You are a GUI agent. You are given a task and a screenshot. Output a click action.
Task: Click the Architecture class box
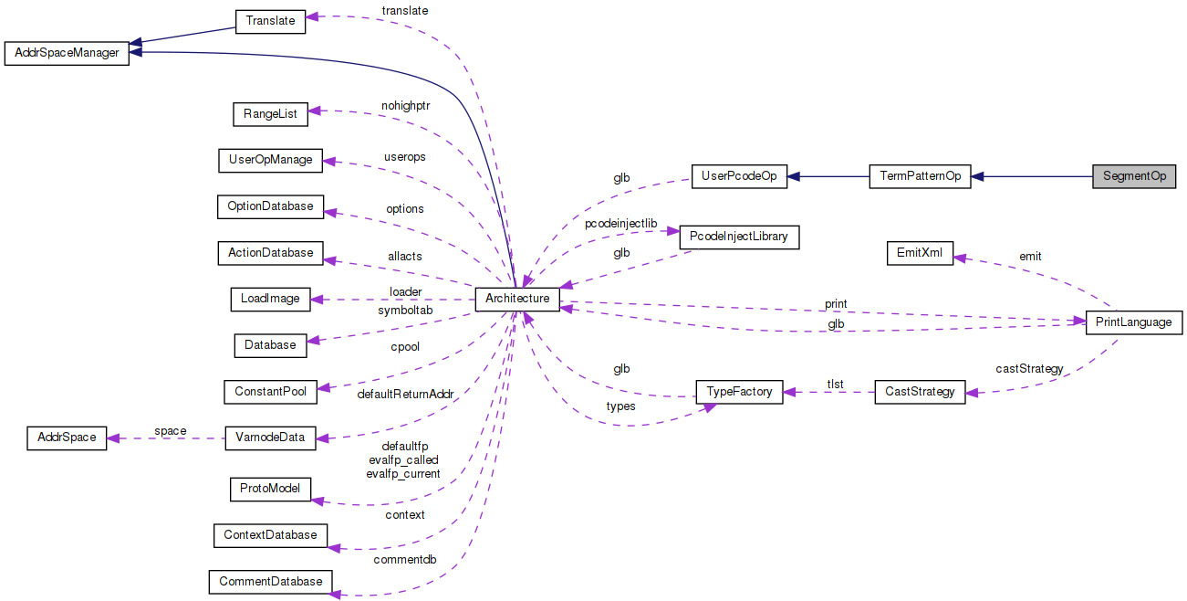pos(517,299)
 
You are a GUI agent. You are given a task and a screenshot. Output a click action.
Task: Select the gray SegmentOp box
pos(1134,176)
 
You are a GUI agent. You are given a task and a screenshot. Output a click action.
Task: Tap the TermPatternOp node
pos(920,176)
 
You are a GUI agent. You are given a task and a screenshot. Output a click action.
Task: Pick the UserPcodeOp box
pos(739,176)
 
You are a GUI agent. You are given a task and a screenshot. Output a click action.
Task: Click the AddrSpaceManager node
pos(67,53)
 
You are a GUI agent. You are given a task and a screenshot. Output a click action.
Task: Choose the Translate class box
pos(271,21)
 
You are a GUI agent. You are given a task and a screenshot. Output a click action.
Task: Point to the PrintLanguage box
pos(1134,322)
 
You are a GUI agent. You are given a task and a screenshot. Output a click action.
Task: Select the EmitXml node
pos(920,253)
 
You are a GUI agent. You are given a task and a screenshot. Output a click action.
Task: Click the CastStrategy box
pos(920,392)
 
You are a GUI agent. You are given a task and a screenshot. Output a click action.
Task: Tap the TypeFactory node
pos(739,392)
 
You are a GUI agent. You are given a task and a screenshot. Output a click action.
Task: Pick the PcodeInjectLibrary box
pos(739,237)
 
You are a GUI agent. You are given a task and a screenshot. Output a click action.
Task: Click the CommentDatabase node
pos(271,581)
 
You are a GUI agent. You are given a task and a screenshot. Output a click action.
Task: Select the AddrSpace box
pos(67,438)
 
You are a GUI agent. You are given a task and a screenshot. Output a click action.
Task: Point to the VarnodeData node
pos(271,438)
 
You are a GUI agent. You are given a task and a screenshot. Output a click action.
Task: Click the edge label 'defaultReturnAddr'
pos(404,394)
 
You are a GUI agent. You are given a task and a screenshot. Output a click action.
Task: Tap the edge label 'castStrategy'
pos(1029,369)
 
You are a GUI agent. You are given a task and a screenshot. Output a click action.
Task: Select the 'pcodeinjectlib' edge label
pos(620,223)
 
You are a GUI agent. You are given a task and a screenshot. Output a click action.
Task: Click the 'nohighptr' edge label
pos(405,106)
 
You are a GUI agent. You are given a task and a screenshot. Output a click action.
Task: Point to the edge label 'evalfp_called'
pos(403,459)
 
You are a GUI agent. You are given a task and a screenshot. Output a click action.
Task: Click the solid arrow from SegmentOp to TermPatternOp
pos(1031,176)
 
